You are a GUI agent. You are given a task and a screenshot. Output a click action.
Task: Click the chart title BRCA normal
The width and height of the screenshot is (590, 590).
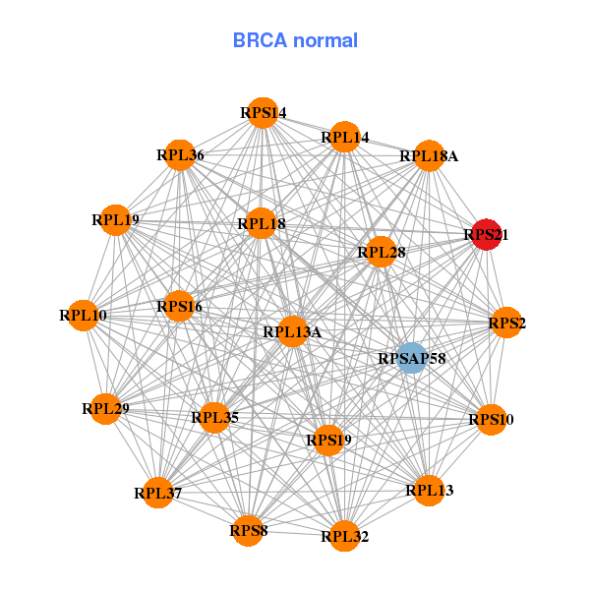295,40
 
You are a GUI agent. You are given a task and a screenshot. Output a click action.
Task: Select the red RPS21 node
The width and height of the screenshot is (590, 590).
486,235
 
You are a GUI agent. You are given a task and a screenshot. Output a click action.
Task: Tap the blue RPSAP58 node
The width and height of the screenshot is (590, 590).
412,358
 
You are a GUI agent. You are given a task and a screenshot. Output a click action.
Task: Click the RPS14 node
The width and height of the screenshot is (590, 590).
262,113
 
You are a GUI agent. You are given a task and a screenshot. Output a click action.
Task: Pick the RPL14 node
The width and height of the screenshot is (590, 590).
343,138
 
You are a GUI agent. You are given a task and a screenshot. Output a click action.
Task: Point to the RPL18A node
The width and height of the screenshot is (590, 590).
428,155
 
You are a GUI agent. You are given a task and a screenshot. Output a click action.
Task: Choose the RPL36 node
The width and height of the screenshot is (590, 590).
180,155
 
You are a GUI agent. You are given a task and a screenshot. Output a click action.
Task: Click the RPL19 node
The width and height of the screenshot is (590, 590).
115,220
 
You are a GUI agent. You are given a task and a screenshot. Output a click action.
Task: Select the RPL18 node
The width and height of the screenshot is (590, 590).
262,224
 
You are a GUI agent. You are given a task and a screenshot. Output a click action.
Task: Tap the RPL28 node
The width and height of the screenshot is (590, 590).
381,253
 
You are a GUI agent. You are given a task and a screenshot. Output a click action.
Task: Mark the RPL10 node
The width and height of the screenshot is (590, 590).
83,316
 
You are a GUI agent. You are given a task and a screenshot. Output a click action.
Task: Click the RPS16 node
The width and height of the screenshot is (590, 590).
179,307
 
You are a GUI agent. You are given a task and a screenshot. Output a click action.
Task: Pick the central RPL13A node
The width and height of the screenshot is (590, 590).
292,331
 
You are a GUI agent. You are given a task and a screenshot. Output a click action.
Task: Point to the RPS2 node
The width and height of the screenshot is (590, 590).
505,323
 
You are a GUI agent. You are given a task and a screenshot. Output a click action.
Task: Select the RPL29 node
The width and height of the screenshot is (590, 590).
106,407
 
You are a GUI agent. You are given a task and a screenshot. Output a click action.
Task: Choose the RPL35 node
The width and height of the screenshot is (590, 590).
214,418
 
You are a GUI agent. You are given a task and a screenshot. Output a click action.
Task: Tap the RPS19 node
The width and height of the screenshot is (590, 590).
328,440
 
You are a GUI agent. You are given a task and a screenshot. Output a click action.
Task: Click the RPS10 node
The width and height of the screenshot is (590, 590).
490,420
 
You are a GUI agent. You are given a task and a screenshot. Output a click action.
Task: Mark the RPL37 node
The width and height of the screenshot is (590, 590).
158,492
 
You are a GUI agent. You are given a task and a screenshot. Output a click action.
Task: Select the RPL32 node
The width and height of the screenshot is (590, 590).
344,536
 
